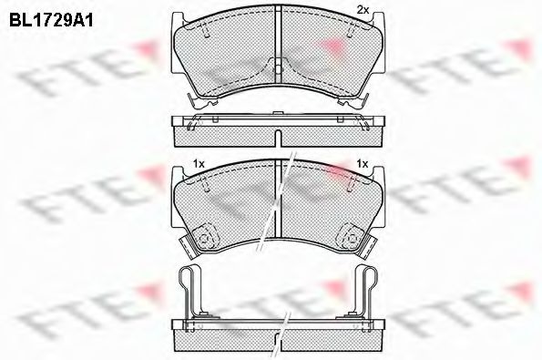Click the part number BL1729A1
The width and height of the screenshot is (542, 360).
tap(51, 21)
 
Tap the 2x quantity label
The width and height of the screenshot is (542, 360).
tap(363, 10)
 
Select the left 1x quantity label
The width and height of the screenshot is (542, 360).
tap(199, 163)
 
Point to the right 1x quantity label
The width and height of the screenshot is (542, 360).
tap(363, 163)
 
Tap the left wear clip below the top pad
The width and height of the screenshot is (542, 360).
tap(201, 100)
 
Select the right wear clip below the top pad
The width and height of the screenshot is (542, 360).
tap(353, 101)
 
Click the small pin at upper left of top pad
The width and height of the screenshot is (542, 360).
tap(206, 30)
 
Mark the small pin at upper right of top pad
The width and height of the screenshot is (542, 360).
tap(350, 30)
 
